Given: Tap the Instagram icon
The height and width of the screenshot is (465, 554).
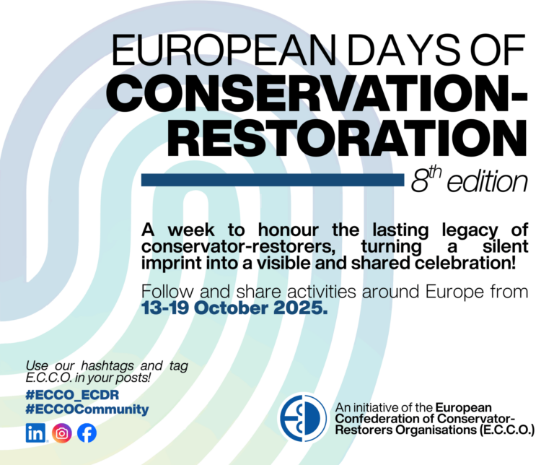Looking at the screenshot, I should coord(63,433).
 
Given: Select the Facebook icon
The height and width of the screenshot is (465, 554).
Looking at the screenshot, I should coord(87,433).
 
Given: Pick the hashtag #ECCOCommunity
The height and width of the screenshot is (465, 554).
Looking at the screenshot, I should coord(87,409).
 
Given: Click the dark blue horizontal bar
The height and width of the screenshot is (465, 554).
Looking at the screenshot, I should coord(271,180).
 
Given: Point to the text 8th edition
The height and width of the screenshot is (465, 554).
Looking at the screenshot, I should coord(469,181).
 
